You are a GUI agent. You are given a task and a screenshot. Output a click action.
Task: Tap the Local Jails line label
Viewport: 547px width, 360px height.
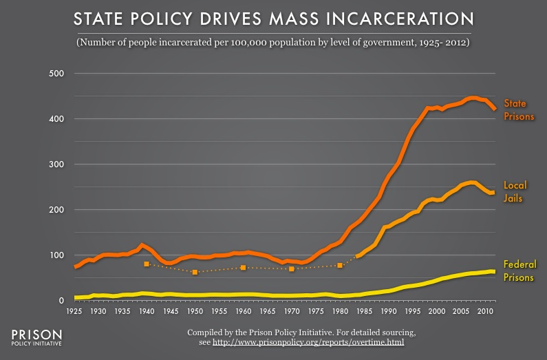pyautogui.click(x=514, y=192)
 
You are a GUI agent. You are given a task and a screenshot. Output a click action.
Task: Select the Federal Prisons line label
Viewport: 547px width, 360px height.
pyautogui.click(x=519, y=270)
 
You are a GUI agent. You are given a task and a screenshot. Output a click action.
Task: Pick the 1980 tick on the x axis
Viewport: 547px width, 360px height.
pyautogui.click(x=340, y=312)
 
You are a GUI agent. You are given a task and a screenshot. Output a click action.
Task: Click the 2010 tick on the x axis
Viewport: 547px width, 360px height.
pyautogui.click(x=485, y=312)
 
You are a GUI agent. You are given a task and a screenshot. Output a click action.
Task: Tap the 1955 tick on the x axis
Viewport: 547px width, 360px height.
pyautogui.click(x=219, y=312)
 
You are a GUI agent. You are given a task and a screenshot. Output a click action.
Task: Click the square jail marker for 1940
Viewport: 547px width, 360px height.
pyautogui.click(x=147, y=264)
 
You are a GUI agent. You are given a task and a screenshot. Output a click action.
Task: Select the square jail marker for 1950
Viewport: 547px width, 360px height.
pyautogui.click(x=195, y=273)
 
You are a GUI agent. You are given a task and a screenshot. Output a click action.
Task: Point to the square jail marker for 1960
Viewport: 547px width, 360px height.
pyautogui.click(x=244, y=268)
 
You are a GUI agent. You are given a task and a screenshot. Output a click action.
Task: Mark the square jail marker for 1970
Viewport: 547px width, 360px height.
pyautogui.click(x=292, y=269)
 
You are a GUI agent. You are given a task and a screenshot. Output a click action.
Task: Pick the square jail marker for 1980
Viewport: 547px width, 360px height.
pyautogui.click(x=340, y=265)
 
